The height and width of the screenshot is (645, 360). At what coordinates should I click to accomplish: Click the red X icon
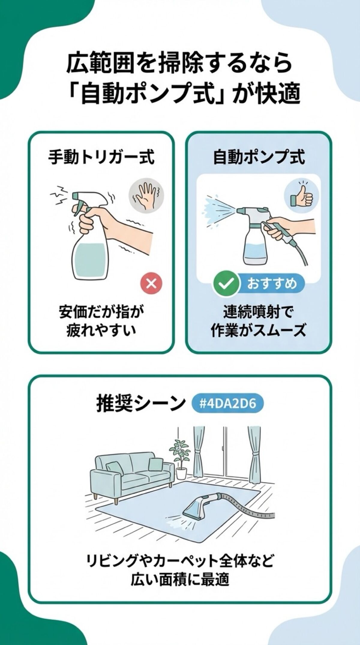tap(151, 283)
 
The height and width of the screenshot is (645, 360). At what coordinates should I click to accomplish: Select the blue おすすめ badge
tap(272, 283)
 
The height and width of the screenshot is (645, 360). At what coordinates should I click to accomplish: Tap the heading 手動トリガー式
tap(101, 157)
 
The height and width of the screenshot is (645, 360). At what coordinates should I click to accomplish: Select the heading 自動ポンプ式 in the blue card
tap(259, 157)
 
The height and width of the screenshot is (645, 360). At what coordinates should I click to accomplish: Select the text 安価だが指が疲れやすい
tap(101, 321)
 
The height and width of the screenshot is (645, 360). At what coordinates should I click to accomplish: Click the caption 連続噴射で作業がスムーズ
tap(259, 321)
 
